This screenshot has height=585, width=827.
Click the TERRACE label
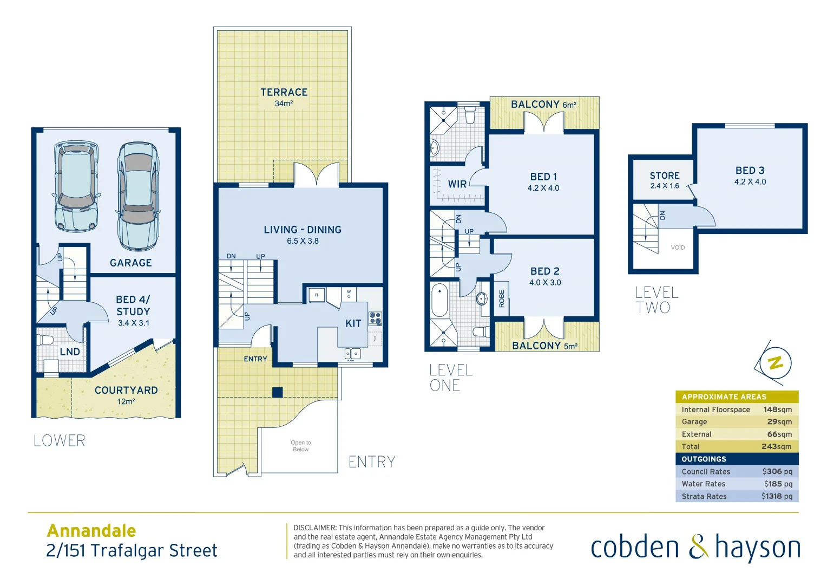tap(284, 93)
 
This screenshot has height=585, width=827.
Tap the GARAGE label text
tap(130, 263)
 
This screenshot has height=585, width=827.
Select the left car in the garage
tap(76, 187)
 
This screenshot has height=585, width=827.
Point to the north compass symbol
tap(775, 363)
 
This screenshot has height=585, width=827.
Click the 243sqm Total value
tap(776, 447)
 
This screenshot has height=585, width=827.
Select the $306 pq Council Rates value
tap(777, 472)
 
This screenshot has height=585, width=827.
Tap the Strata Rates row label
tap(704, 497)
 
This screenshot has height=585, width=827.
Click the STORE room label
tap(664, 175)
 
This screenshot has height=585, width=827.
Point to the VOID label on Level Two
tap(678, 248)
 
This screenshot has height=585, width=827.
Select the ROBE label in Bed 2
tap(502, 298)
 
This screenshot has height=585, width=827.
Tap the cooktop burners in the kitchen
tap(375, 318)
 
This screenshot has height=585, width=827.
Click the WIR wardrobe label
tap(457, 184)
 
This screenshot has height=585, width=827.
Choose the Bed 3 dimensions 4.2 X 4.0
tap(750, 182)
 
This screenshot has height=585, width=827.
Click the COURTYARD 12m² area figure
tap(126, 402)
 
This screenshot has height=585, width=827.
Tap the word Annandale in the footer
tap(91, 531)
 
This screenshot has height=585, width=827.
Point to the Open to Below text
tap(300, 446)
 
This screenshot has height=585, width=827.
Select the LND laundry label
tap(70, 352)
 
